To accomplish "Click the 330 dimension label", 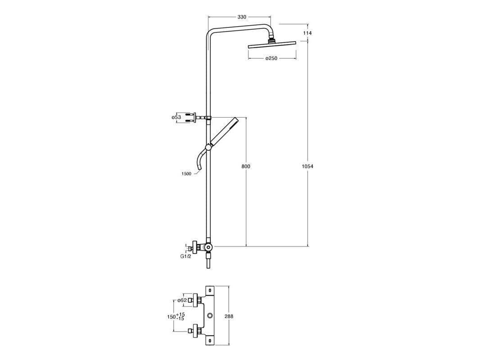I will [x=242, y=17].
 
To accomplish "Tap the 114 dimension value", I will [x=308, y=33].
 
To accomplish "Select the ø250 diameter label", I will [x=271, y=58].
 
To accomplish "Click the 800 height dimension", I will [x=246, y=166].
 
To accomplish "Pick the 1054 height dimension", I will [x=308, y=166].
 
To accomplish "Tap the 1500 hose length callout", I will [x=186, y=173].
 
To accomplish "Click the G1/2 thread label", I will [x=186, y=256].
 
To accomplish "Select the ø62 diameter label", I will [x=182, y=300].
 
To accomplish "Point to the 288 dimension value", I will [x=229, y=317].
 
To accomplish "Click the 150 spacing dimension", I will [x=171, y=317].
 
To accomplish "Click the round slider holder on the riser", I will [x=208, y=147].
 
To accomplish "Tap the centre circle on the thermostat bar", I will [x=210, y=317].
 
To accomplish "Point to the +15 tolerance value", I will [x=181, y=314].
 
